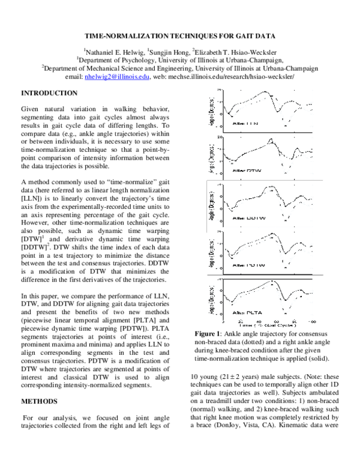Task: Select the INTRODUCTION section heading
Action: [x=49, y=93]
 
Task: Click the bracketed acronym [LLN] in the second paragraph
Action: [x=31, y=180]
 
